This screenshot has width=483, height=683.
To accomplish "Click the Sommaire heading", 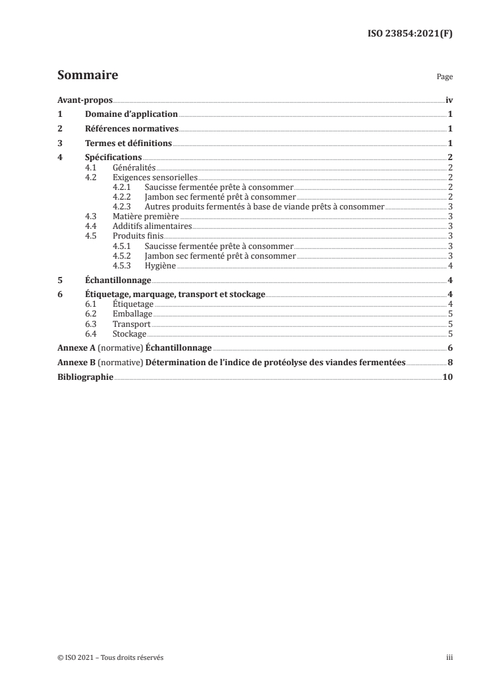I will [x=87, y=75].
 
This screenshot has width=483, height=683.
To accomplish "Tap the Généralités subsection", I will [x=135, y=167].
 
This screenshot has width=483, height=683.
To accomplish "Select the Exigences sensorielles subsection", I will [x=150, y=177].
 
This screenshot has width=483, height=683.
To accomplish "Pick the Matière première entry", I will [x=146, y=216].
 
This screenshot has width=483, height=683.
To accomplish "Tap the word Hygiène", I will [x=161, y=265].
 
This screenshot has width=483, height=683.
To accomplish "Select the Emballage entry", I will [x=132, y=314].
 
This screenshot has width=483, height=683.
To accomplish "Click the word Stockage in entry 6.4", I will [x=130, y=334].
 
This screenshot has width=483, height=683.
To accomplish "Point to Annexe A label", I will [x=76, y=348].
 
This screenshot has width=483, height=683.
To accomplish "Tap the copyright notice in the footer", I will [x=110, y=657].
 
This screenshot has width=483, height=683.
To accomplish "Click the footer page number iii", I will [x=450, y=657].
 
